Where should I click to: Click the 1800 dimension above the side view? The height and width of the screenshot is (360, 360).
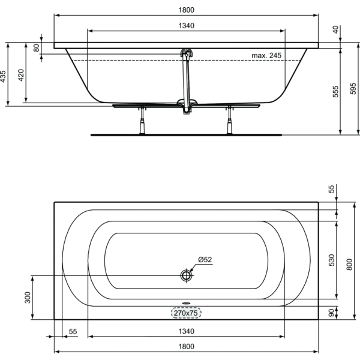[186, 10]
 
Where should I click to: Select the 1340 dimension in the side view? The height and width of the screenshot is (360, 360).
[186, 26]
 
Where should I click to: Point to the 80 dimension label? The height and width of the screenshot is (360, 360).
[36, 47]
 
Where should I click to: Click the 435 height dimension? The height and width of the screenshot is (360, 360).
[4, 76]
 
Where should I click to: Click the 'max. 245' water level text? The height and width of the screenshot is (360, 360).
[266, 56]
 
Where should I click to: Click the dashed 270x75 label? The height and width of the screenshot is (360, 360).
[185, 313]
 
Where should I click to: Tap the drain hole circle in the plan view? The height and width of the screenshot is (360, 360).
[186, 275]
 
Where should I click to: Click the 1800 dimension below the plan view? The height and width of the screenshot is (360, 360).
[186, 346]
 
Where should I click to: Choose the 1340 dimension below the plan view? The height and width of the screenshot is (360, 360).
[186, 331]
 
